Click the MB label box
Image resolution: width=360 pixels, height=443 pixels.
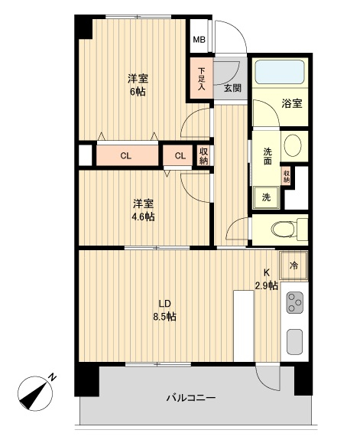point(199,41)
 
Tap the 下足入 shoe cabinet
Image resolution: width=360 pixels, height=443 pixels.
point(200,79)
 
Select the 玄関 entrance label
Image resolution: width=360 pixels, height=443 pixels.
point(232,88)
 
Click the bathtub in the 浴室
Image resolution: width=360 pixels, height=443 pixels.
point(279,73)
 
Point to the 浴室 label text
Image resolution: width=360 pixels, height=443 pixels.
point(290,103)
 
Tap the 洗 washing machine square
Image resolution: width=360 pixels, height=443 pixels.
point(266,197)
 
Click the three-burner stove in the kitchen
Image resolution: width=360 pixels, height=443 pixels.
point(294,305)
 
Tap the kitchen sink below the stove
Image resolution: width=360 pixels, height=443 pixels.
point(294,340)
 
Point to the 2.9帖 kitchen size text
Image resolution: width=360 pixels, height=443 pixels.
point(266,286)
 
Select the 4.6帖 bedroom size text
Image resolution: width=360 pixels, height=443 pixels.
point(143,217)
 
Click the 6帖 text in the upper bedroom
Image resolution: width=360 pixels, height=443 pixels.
point(138,92)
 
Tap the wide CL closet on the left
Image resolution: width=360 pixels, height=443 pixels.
point(125,156)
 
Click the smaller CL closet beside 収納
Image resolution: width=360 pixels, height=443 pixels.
point(180,156)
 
